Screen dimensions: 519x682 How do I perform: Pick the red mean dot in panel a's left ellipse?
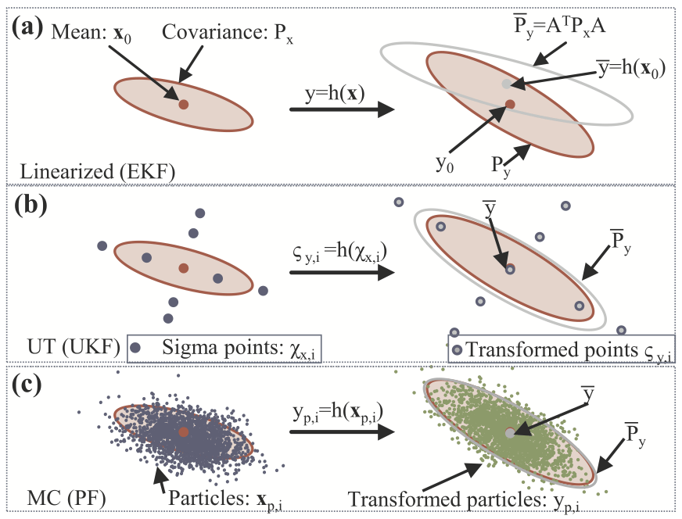(183, 103)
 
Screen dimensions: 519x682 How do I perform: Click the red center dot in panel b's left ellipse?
(183, 267)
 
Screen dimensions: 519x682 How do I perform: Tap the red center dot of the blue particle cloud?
(183, 431)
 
